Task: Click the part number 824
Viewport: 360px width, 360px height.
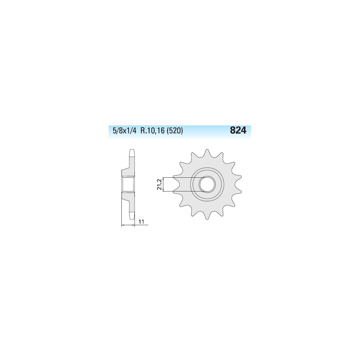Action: tap(238, 130)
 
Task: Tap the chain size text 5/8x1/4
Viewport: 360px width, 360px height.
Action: tap(125, 131)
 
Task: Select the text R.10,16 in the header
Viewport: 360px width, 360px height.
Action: tap(153, 131)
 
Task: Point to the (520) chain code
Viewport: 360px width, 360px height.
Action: tap(175, 131)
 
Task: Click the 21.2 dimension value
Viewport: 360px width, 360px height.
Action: tap(160, 184)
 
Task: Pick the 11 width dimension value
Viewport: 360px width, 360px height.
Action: tap(141, 222)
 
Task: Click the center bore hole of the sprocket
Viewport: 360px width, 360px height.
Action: tap(207, 184)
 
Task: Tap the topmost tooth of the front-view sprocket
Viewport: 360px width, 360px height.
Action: tap(207, 153)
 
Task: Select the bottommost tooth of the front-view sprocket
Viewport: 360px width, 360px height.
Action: tap(207, 215)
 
